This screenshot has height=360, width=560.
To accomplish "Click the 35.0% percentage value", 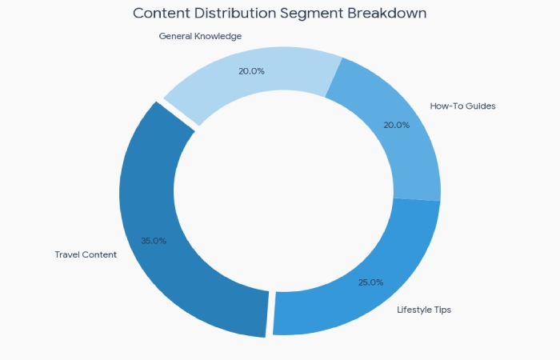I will (x=154, y=241).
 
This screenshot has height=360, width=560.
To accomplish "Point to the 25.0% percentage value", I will (x=370, y=282).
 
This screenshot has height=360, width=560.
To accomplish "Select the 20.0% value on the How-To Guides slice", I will (x=397, y=125).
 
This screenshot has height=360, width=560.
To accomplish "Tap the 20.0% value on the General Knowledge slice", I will (x=251, y=70).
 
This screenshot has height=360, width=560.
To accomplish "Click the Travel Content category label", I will (x=86, y=254).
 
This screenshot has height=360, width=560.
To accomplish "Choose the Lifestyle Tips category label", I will (x=424, y=310).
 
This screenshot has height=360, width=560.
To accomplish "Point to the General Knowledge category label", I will (x=200, y=36).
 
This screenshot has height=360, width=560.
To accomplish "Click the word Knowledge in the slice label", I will (x=217, y=36).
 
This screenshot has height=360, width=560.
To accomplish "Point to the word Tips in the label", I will (x=442, y=310).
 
